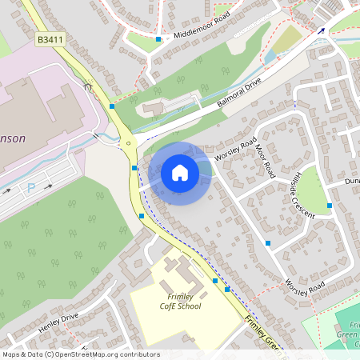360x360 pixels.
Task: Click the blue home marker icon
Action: (180, 173)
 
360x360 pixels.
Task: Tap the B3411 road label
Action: (50, 38)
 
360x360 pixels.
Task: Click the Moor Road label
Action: (265, 160)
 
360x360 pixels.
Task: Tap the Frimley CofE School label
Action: (179, 302)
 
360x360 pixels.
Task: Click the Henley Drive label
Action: (58, 322)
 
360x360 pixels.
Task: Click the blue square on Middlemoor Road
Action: (158, 38)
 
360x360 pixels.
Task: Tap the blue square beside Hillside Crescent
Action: (329, 206)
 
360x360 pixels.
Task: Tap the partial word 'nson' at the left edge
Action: (12, 138)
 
